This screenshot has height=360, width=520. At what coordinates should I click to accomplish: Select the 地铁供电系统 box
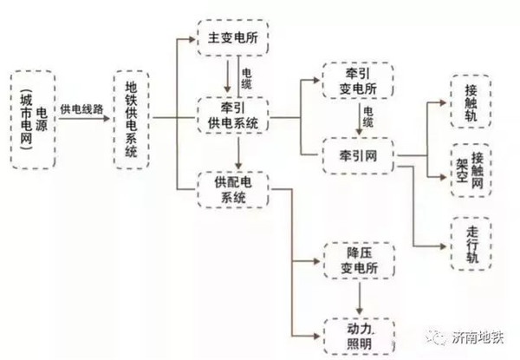tap(130, 118)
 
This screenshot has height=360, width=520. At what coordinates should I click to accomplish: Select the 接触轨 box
tap(470, 102)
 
